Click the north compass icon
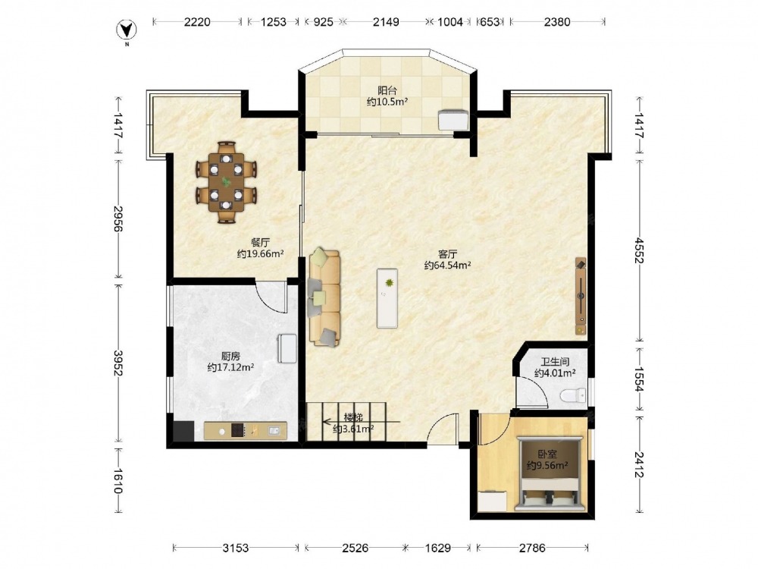(x=127, y=31)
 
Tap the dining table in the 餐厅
(x=226, y=182)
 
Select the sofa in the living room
(x=324, y=297)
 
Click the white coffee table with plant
(x=387, y=298)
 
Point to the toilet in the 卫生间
(x=573, y=395)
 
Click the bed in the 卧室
(x=548, y=473)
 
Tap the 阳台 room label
(x=387, y=90)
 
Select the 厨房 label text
(x=230, y=356)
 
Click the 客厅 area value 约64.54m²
(x=448, y=265)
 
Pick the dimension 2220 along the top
(x=197, y=22)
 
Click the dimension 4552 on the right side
(x=640, y=250)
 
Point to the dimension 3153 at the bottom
(x=236, y=548)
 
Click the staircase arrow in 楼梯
(x=361, y=421)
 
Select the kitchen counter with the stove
(x=245, y=431)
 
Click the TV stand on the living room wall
(x=581, y=296)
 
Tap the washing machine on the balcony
(x=453, y=120)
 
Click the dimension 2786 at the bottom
(x=532, y=548)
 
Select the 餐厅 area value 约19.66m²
(x=260, y=253)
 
